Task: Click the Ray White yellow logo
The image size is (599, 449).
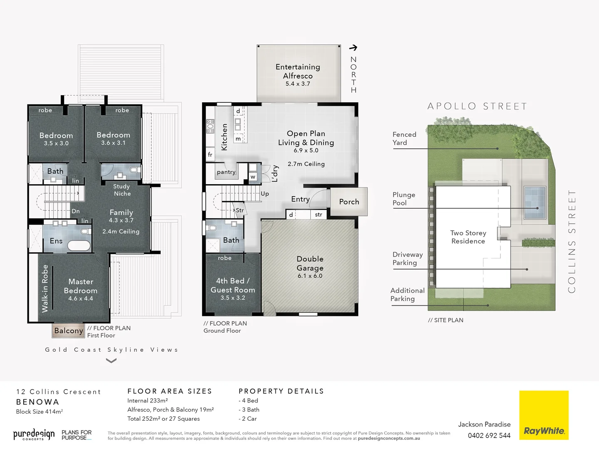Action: tap(544, 415)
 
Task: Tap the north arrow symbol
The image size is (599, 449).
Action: tap(353, 48)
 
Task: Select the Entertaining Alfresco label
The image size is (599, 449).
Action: tap(298, 72)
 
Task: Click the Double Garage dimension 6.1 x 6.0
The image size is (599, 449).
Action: tap(310, 276)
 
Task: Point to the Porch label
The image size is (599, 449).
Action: tap(349, 202)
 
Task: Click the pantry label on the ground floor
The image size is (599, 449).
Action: tap(226, 172)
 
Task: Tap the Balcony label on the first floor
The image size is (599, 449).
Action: tap(68, 331)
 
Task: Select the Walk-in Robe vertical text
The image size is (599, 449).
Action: tap(45, 289)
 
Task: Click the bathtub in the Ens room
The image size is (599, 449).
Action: tap(79, 245)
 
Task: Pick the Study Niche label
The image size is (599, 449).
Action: tap(122, 190)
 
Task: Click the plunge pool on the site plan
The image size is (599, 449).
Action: tap(535, 202)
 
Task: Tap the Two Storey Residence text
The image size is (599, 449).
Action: tap(468, 237)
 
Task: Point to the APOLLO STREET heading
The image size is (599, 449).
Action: tap(477, 106)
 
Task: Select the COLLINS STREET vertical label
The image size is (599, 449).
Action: tap(572, 241)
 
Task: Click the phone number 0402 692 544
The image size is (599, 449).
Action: tap(489, 436)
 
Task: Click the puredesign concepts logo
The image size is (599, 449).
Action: tap(34, 435)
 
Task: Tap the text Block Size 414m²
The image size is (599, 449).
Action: tap(40, 412)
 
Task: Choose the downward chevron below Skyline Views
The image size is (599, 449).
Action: tap(111, 361)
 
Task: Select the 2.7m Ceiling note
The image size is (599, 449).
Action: tap(306, 164)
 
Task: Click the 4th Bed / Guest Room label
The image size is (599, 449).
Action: tap(233, 286)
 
